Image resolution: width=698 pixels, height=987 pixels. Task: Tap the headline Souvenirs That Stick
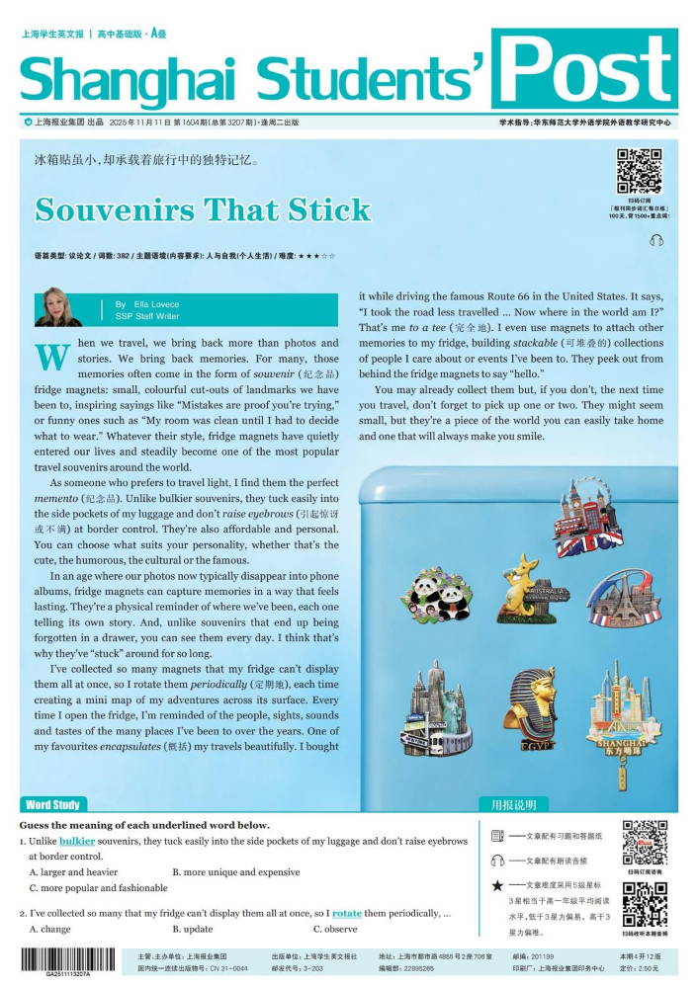pyautogui.click(x=203, y=209)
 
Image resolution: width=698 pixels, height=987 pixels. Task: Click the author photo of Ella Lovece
pyautogui.click(x=58, y=307)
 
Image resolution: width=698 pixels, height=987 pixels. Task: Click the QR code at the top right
pyautogui.click(x=639, y=171)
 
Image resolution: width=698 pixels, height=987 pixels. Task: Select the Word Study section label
pyautogui.click(x=53, y=804)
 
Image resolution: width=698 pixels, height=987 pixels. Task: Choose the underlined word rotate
pyautogui.click(x=346, y=913)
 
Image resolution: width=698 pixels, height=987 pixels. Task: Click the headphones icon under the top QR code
pyautogui.click(x=657, y=240)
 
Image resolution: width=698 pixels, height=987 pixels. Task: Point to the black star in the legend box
pyautogui.click(x=498, y=885)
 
